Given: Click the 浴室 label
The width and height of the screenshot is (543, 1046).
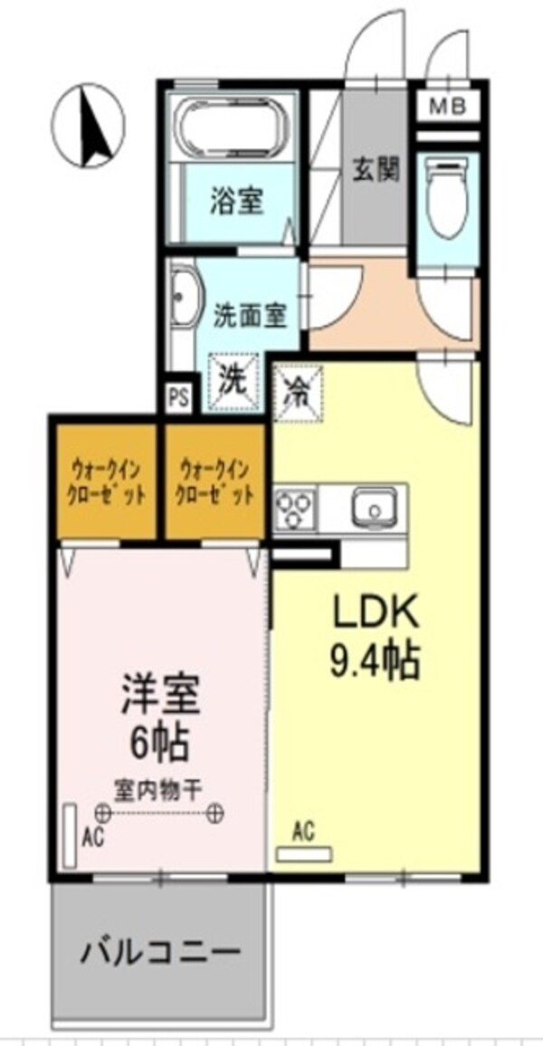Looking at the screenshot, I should point(237,201).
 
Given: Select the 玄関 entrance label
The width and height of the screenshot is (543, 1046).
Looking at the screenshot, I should point(376,169).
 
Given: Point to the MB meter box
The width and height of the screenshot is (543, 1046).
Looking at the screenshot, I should point(448,108).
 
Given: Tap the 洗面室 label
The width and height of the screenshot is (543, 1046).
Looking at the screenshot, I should point(251,314).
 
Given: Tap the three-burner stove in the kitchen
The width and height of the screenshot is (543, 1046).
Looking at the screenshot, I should point(294,506).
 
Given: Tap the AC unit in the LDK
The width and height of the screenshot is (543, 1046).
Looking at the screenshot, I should point(304,852).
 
